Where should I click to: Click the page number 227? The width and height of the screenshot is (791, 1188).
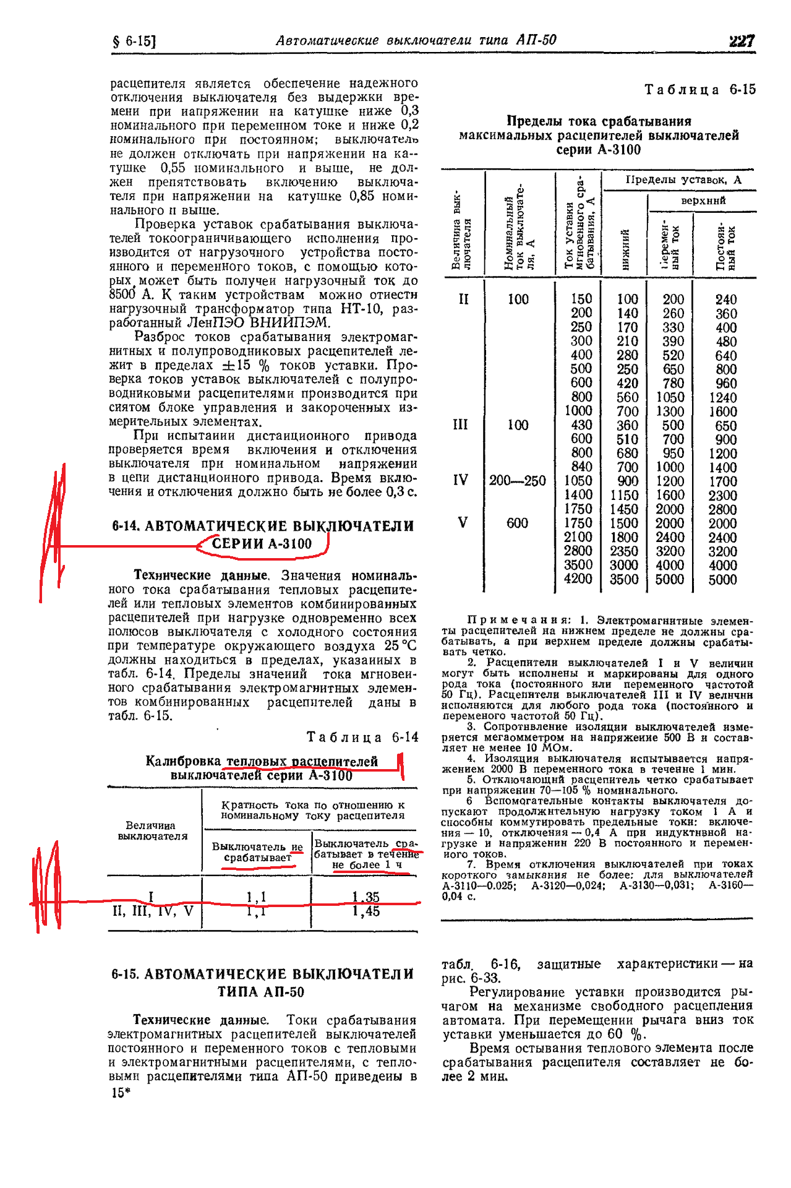(x=742, y=41)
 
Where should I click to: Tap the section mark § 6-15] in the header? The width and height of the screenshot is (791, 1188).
(x=134, y=41)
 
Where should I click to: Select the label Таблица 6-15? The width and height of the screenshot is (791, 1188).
(x=699, y=90)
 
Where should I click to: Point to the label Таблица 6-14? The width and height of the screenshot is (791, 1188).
(x=362, y=737)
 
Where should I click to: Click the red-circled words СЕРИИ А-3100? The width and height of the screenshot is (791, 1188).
(x=262, y=544)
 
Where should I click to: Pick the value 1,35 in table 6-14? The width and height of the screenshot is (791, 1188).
(x=366, y=897)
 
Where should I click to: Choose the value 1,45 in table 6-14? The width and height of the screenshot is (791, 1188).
(x=366, y=911)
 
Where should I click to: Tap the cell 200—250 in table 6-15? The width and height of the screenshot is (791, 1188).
(x=517, y=481)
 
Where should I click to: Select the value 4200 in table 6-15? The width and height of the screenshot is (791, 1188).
(x=578, y=579)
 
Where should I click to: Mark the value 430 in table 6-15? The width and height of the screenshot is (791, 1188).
(x=581, y=425)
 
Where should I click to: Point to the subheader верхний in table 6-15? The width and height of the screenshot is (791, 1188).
(x=703, y=200)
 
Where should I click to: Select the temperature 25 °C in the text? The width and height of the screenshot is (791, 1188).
(x=400, y=646)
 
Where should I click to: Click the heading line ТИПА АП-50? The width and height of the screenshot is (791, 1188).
(x=261, y=992)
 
